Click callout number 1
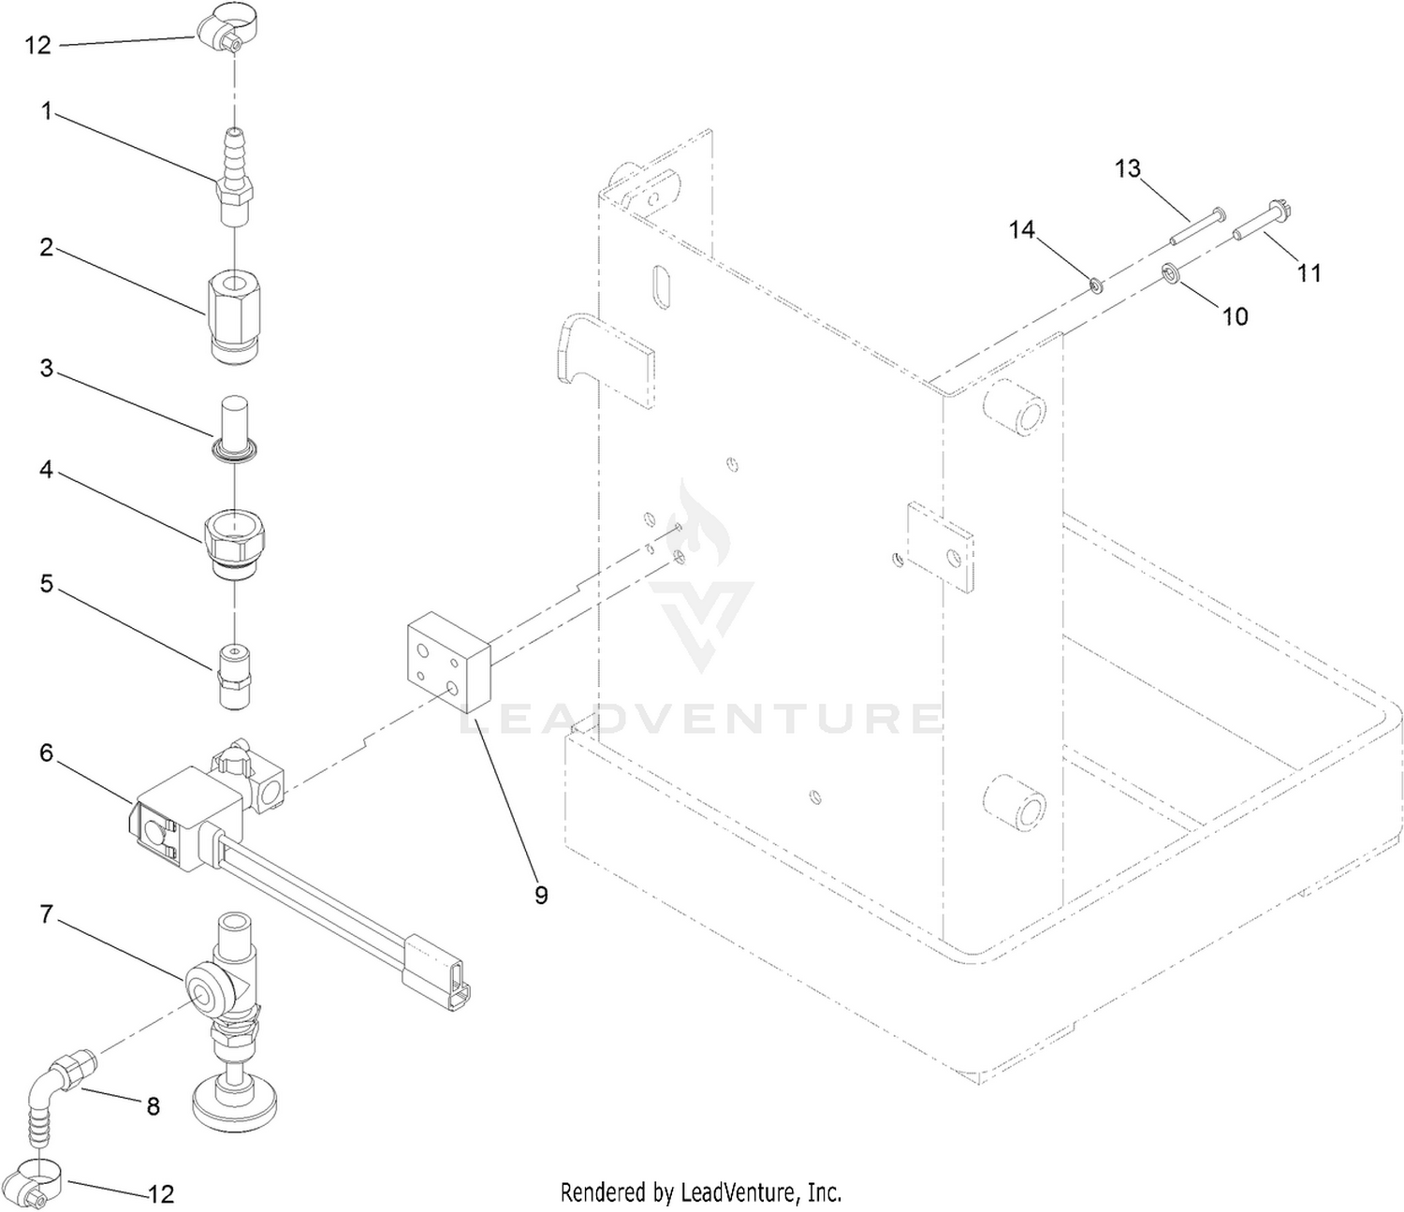[46, 110]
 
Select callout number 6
[46, 752]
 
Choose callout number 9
[541, 895]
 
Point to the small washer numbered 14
[1096, 285]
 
